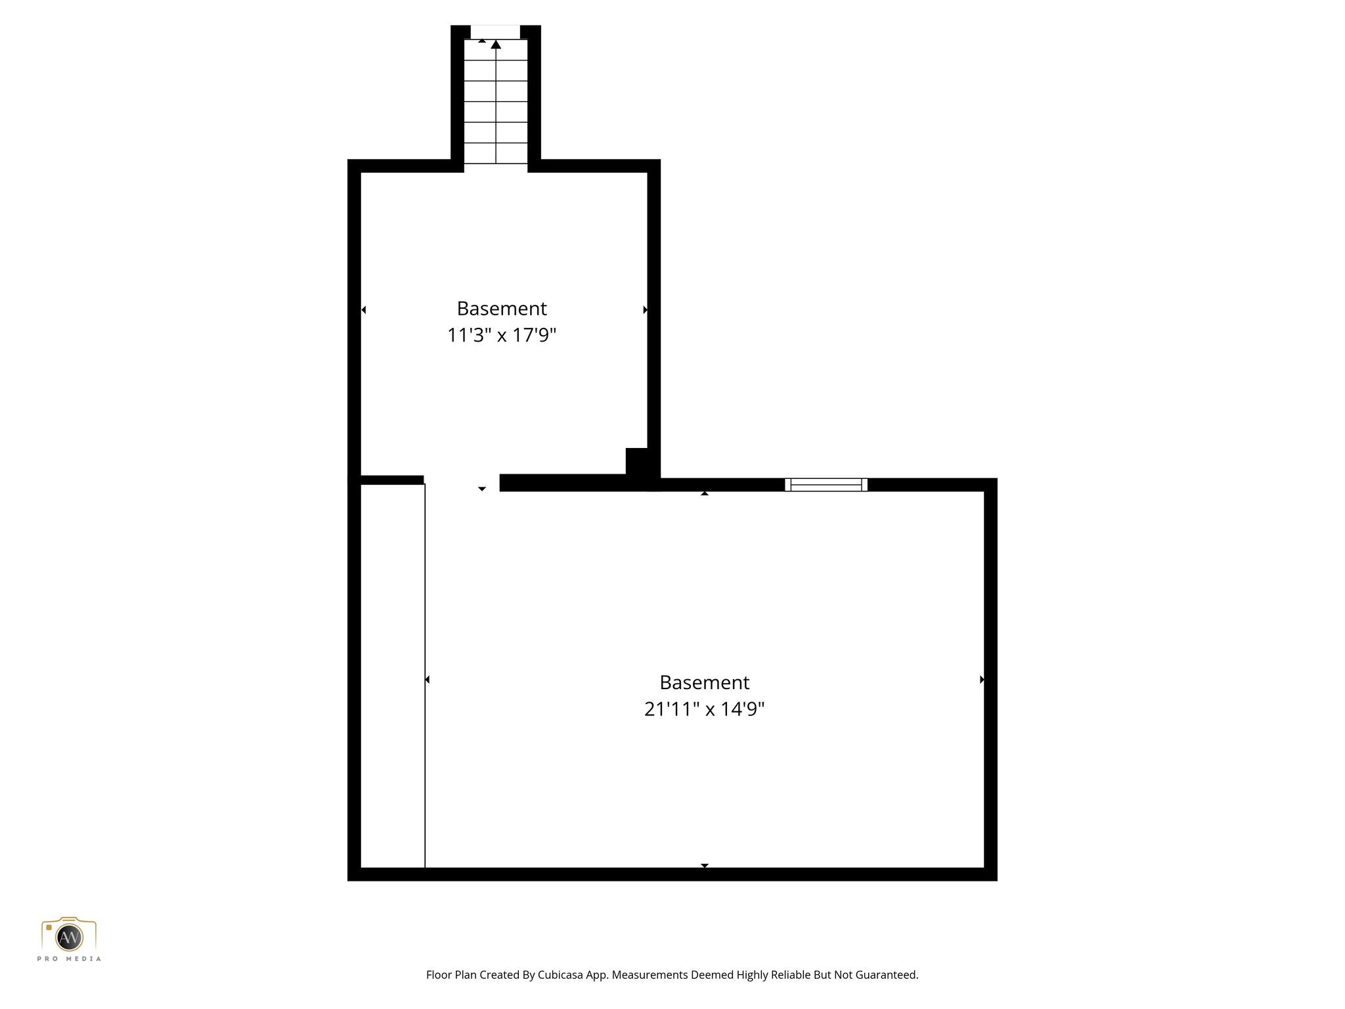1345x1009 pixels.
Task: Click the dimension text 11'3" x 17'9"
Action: (502, 336)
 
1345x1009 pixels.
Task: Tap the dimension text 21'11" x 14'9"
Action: (704, 709)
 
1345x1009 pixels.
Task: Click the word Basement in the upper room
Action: (502, 308)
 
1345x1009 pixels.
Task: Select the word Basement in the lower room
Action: (704, 683)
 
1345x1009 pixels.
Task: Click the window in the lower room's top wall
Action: (826, 485)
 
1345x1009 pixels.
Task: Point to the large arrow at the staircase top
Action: (496, 45)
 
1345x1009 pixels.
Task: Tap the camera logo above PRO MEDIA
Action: (69, 935)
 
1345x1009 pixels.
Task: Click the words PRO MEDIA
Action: (69, 959)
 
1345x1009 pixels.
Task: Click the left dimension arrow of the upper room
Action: (364, 309)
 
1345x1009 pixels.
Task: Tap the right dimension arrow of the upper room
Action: (645, 309)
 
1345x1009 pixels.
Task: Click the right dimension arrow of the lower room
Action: (981, 679)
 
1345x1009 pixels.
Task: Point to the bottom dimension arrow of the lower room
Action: (704, 865)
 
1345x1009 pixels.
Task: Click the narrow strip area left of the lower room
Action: (393, 677)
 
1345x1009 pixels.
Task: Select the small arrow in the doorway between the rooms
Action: (482, 489)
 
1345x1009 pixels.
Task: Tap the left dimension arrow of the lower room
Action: (428, 679)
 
